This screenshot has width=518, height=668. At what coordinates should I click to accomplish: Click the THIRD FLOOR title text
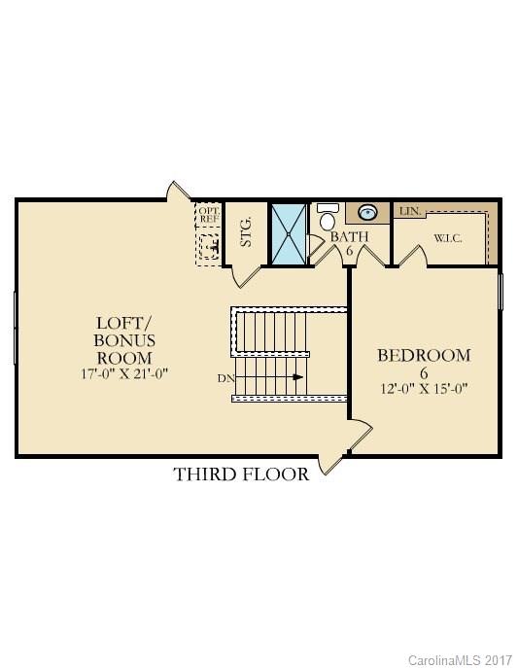(x=241, y=475)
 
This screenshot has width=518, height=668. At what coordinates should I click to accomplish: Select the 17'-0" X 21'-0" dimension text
(x=125, y=372)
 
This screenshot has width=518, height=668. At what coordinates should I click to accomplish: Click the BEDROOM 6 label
(x=424, y=364)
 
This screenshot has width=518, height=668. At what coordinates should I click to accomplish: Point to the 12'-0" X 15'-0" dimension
(x=424, y=388)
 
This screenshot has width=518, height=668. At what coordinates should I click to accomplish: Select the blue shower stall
(x=288, y=232)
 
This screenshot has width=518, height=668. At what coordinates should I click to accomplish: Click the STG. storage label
(x=246, y=231)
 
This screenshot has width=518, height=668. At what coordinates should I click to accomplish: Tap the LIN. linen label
(x=406, y=211)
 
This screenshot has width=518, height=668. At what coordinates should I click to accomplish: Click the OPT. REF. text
(x=209, y=215)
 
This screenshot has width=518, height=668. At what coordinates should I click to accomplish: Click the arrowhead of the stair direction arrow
(x=299, y=377)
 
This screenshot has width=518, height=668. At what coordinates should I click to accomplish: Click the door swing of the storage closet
(x=247, y=275)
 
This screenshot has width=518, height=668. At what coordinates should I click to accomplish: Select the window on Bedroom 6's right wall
(x=501, y=292)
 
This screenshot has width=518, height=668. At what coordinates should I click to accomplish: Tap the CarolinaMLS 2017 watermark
(x=462, y=660)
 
